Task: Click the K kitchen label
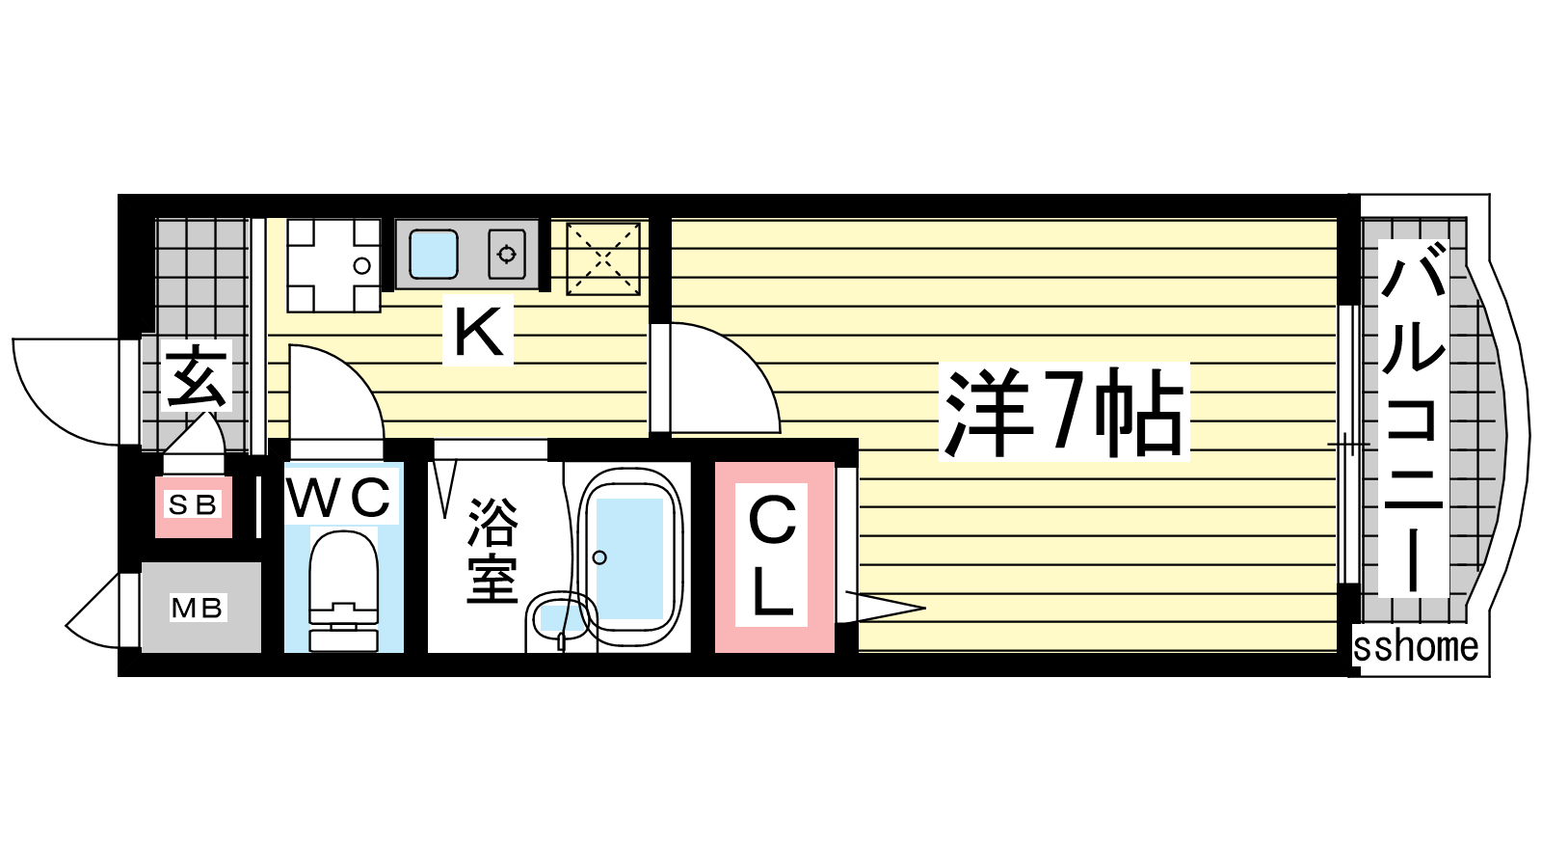click(478, 330)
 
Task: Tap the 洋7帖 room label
click(1064, 412)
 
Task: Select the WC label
click(339, 497)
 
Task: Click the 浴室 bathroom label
click(492, 551)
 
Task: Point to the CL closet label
click(771, 556)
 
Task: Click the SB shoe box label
click(193, 505)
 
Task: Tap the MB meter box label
click(197, 609)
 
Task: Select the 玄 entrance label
click(197, 376)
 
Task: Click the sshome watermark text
click(1416, 646)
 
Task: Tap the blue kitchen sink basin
click(434, 255)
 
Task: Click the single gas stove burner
click(507, 255)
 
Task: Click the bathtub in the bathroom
click(630, 556)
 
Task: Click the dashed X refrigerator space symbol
click(603, 259)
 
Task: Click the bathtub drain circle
click(599, 557)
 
